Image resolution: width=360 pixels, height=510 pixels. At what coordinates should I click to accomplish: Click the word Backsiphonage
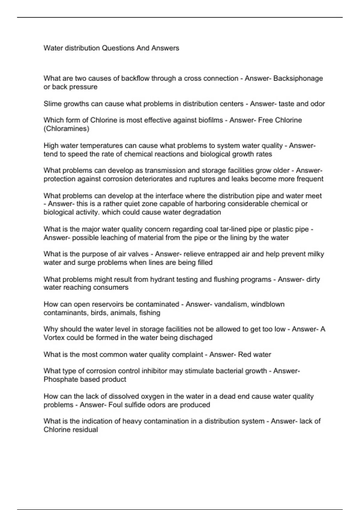[x=298, y=78]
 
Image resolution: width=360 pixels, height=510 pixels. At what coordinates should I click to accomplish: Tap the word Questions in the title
[x=118, y=48]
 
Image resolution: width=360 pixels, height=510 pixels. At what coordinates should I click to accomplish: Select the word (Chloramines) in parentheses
[x=66, y=129]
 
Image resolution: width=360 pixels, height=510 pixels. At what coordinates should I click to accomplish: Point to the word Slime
[x=52, y=104]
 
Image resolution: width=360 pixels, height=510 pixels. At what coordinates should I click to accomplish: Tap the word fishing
[x=150, y=313]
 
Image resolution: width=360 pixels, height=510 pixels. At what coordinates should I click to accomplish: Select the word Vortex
[x=54, y=338]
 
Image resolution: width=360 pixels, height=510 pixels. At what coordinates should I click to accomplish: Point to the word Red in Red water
[x=244, y=355]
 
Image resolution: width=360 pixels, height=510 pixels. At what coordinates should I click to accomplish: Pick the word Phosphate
[x=58, y=379]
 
